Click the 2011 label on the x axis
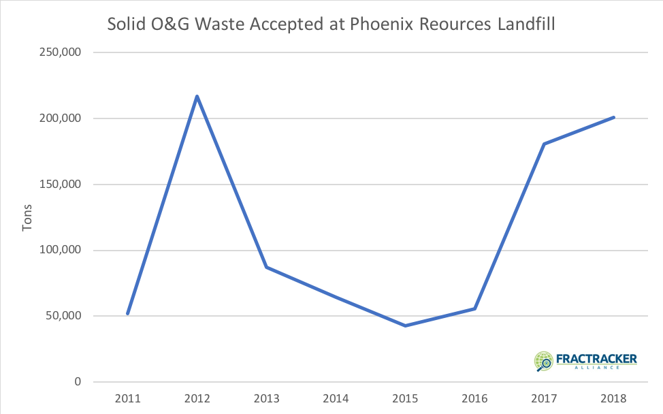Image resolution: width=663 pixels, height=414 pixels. [127, 398]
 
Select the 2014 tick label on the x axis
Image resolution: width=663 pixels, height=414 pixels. [336, 398]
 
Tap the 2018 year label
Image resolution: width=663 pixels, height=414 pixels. [613, 398]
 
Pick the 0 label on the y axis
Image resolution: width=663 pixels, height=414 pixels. [78, 382]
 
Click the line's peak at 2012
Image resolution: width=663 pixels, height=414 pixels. [197, 96]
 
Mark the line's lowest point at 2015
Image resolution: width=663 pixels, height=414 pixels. [405, 325]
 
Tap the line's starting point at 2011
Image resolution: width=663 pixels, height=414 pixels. [127, 313]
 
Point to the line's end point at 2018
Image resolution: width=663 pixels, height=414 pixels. [613, 117]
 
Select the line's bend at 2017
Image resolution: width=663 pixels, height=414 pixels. [544, 144]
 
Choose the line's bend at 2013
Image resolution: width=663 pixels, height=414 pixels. [266, 267]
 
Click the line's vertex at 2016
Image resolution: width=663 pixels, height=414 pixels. [474, 308]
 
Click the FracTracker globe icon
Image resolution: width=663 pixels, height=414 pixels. [545, 361]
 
